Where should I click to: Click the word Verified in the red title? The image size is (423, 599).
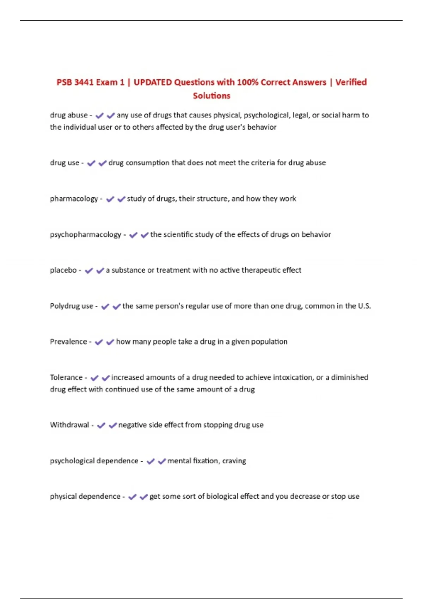351,82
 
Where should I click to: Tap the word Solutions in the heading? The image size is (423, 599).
211,95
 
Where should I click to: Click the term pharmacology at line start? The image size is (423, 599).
74,199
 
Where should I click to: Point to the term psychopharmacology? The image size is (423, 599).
85,235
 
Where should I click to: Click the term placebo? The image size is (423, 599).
63,270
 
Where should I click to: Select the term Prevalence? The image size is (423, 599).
68,342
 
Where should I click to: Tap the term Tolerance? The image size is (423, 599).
66,377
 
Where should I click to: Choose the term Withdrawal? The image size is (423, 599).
69,425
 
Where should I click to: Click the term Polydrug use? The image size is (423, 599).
72,306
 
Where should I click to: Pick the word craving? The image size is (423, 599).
234,461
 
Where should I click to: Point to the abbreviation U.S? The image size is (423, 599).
364,306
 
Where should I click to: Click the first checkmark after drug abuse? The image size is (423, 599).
99,116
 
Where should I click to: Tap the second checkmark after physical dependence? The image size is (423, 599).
143,497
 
